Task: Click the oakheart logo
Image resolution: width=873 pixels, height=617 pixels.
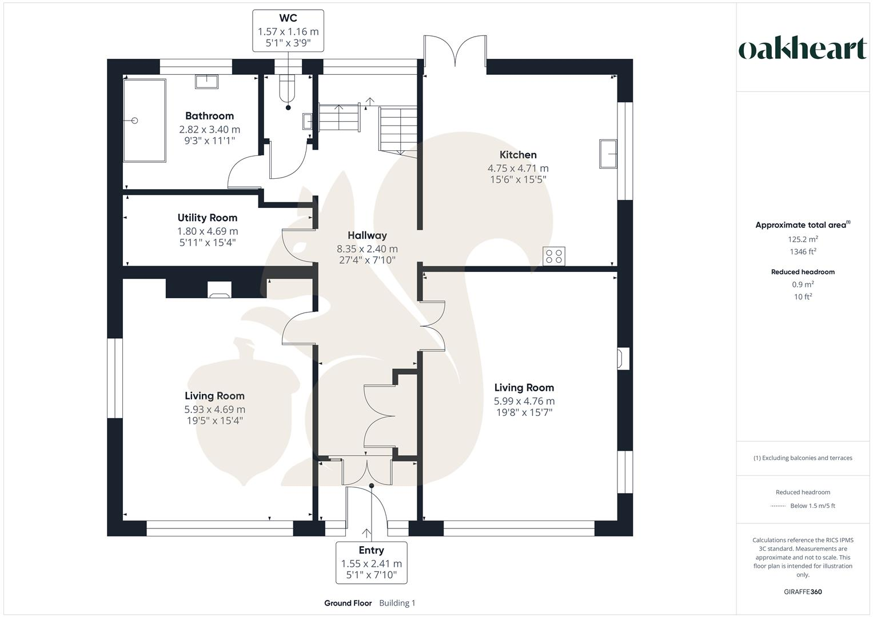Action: [x=803, y=49]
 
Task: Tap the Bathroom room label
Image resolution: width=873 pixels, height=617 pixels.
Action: [x=209, y=116]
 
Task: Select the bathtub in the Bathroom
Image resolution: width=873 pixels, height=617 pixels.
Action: [x=145, y=121]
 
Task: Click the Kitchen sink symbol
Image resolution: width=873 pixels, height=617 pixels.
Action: [x=608, y=154]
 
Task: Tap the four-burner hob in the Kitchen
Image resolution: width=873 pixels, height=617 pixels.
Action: [x=553, y=256]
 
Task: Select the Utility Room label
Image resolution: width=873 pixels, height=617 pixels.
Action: [x=207, y=218]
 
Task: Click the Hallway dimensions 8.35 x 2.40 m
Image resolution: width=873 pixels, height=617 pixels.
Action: [x=367, y=249]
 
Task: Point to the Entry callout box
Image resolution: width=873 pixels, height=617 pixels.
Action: [x=371, y=563]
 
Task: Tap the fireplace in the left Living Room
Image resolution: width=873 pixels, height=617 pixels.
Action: [x=220, y=290]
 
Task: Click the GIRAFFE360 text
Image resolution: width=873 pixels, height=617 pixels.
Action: [x=803, y=592]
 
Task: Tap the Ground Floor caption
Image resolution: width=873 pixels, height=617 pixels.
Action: [x=348, y=603]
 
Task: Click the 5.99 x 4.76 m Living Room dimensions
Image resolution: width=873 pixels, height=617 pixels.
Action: [x=524, y=401]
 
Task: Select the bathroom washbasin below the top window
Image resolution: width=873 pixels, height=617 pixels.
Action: [x=206, y=81]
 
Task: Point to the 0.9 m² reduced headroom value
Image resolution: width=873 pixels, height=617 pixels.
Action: [x=803, y=285]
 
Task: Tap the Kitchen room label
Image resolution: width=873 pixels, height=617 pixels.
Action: [x=518, y=155]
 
